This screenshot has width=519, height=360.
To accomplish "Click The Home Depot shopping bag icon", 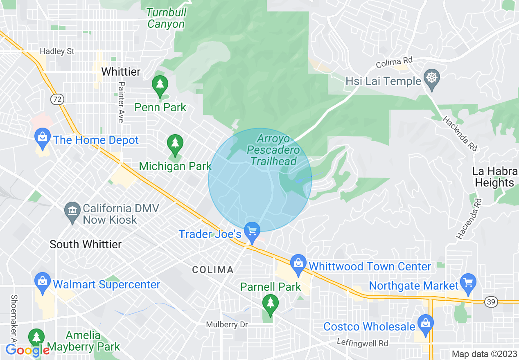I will click(x=43, y=137).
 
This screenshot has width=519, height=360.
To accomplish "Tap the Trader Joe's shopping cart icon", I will click(x=252, y=232).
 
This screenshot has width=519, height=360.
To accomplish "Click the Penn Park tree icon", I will click(x=160, y=85).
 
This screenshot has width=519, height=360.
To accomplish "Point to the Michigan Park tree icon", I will click(x=175, y=144).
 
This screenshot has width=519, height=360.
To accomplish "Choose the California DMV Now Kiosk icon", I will click(x=72, y=211).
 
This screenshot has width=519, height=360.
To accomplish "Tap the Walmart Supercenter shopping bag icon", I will click(x=43, y=281).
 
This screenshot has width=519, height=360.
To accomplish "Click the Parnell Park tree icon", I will click(x=270, y=304).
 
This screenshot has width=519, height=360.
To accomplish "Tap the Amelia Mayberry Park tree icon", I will click(x=36, y=337).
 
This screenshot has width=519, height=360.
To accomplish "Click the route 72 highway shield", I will click(x=56, y=99).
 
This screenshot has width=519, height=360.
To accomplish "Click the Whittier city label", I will click(x=121, y=72).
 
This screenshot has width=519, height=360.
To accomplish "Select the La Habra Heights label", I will click(x=494, y=177).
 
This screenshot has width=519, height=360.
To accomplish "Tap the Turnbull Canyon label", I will click(x=167, y=18).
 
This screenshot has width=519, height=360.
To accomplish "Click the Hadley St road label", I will click(x=57, y=52).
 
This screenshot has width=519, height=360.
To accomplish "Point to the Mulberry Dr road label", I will click(x=227, y=325).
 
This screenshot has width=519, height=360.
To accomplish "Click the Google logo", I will click(x=27, y=350).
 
